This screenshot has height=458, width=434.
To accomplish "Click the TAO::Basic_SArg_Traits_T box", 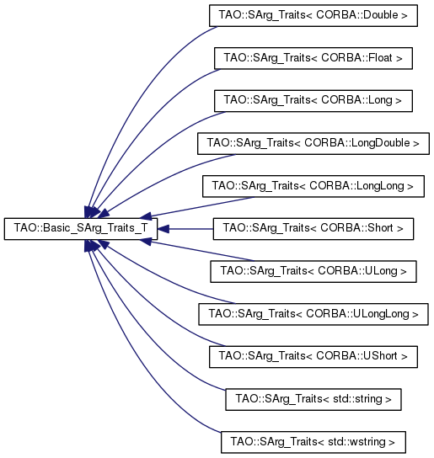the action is (x=81, y=229).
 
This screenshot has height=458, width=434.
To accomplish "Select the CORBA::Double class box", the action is (x=313, y=15).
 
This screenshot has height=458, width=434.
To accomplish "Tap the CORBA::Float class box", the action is (x=313, y=58).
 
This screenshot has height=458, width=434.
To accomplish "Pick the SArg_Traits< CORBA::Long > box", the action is (x=313, y=101).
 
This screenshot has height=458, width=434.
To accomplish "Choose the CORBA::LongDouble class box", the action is (x=313, y=143).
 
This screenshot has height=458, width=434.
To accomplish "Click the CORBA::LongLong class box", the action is (x=313, y=186).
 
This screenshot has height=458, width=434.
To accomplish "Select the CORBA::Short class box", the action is (x=313, y=229).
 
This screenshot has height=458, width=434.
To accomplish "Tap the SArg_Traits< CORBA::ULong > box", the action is (x=313, y=272).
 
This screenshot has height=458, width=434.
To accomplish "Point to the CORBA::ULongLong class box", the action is (x=313, y=314).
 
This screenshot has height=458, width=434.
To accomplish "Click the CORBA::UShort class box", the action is (x=313, y=357).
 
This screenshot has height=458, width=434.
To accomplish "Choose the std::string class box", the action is (x=313, y=399).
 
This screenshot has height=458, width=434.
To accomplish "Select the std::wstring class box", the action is (x=313, y=442).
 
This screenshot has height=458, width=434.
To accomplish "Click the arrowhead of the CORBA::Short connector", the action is (x=163, y=229).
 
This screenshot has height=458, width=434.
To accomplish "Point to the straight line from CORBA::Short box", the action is (x=191, y=229).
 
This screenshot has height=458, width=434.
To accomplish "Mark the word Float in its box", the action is (x=380, y=58).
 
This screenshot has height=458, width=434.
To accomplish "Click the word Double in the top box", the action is (x=380, y=15).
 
